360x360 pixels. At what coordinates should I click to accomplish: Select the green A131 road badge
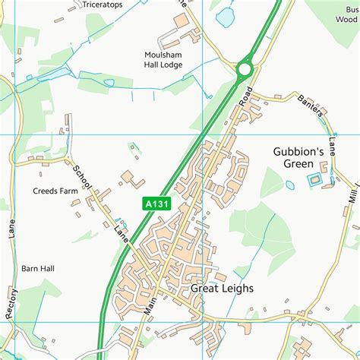156,204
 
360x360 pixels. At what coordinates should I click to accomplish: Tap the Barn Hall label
38,269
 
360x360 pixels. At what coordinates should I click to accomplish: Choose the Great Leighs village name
222,289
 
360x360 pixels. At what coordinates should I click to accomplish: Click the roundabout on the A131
244,69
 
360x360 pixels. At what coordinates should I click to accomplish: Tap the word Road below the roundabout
244,96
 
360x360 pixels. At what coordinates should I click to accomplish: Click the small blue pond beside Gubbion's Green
289,185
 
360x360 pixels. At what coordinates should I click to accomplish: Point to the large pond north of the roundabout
226,17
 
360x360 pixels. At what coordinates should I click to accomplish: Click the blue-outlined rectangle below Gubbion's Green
314,180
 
